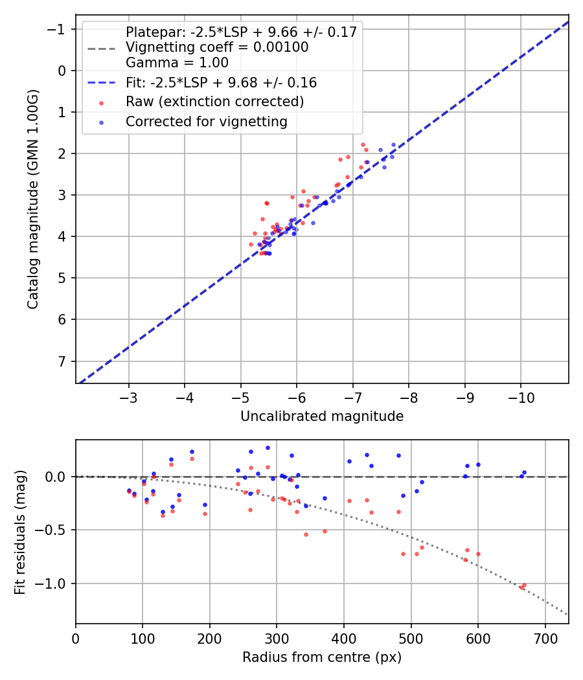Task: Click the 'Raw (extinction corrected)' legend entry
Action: pos(214,102)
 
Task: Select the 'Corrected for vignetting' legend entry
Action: pos(206,121)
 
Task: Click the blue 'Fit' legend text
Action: pos(221,83)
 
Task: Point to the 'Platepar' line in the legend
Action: pos(241,32)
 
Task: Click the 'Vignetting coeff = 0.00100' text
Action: pos(217,47)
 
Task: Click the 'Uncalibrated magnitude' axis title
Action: pos(322,416)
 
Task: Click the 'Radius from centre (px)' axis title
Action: pos(322,657)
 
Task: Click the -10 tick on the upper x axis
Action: pos(521,396)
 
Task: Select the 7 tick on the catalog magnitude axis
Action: pos(62,361)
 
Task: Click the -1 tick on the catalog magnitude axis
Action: pos(59,29)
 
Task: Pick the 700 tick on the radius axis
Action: pos(545,637)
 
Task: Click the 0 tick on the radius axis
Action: pos(76,637)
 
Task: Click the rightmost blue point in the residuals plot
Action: pos(524,473)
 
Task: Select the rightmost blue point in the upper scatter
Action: pos(393,145)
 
